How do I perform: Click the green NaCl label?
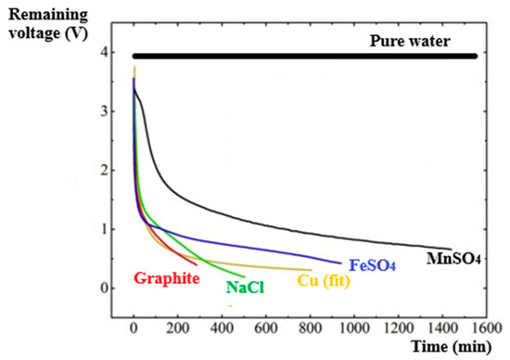[245, 288]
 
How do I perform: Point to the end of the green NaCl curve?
[244, 276]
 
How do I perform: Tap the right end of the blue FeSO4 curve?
[340, 263]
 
